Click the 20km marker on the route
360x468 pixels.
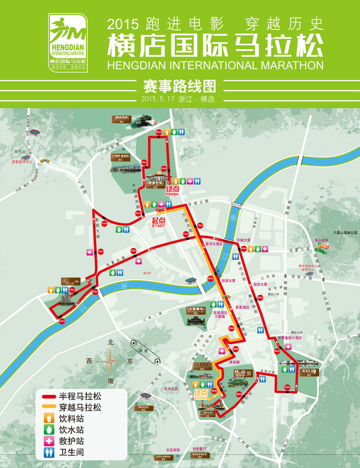(x=159, y=132)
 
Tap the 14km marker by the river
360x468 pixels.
(x=62, y=321)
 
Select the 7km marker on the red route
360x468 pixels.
(x=287, y=387)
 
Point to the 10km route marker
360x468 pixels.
(x=243, y=248)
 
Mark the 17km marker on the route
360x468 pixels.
(x=104, y=223)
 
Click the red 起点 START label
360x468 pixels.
(x=158, y=222)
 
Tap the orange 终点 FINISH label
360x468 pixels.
(x=201, y=394)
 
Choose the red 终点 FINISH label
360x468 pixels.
(x=172, y=190)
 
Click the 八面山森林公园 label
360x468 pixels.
(x=345, y=232)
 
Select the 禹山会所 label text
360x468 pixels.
(x=321, y=240)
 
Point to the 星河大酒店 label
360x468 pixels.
(x=214, y=244)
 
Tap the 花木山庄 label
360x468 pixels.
(x=171, y=388)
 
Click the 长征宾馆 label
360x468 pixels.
(x=173, y=450)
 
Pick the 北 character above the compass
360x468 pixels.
(x=111, y=342)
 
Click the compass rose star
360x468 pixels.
(x=111, y=361)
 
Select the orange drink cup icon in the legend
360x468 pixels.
(x=49, y=418)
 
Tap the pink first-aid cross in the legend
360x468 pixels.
(x=49, y=441)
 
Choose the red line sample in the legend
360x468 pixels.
(x=49, y=396)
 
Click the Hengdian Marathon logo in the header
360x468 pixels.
(x=68, y=43)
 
